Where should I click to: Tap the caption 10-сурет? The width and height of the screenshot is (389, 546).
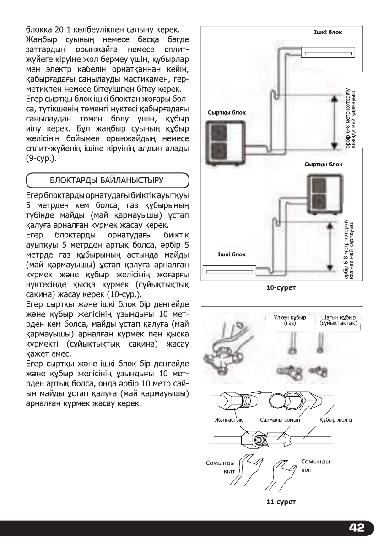(x=281, y=288)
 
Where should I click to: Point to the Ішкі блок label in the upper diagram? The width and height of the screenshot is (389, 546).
(x=327, y=32)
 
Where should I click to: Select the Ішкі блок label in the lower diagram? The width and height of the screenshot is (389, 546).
(x=232, y=254)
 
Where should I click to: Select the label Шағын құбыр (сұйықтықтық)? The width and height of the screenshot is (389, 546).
(x=339, y=320)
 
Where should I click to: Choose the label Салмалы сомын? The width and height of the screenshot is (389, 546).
(x=279, y=419)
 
